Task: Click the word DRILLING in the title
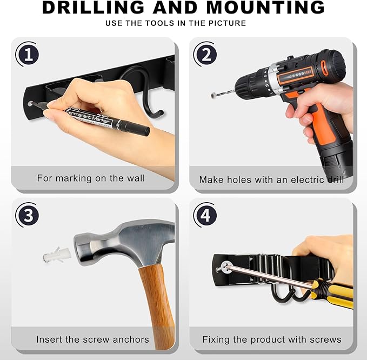(94, 7)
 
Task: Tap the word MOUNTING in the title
(265, 7)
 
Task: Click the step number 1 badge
(28, 54)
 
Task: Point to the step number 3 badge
(28, 215)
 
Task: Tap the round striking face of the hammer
(82, 248)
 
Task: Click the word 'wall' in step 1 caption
(136, 178)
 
